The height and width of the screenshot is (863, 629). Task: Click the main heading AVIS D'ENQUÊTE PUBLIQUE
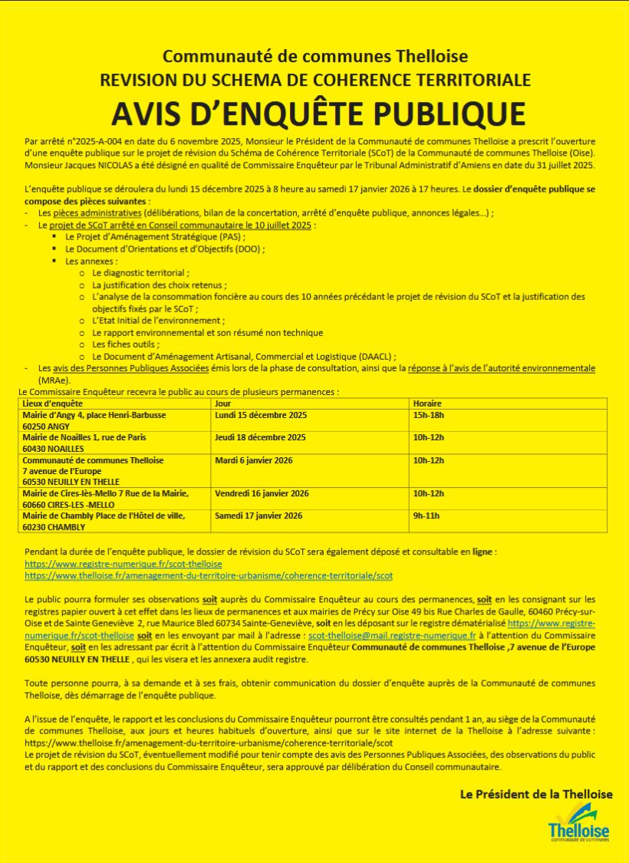(318, 113)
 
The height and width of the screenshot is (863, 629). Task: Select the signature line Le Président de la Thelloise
(536, 794)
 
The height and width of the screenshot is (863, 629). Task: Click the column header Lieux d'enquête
(53, 404)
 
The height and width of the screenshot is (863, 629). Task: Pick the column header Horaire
(427, 404)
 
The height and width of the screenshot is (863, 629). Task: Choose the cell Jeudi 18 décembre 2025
(260, 438)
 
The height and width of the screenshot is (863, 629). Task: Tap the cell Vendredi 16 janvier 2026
(262, 493)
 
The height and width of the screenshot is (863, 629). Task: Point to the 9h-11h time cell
(426, 515)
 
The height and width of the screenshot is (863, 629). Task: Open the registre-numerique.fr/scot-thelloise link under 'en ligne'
(123, 564)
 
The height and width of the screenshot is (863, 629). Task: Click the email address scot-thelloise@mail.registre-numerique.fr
(392, 636)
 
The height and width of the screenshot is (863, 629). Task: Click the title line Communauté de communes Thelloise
(315, 57)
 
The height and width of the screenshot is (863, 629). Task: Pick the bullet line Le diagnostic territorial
(140, 272)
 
